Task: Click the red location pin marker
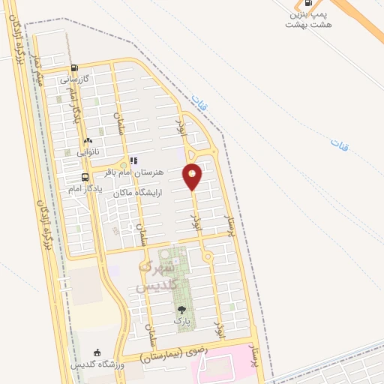[193, 176]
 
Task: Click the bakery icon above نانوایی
[88, 140]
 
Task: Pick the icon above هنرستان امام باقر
[133, 160]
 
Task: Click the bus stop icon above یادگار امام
[85, 178]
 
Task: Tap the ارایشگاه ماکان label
[138, 193]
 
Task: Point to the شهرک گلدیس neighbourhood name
[157, 277]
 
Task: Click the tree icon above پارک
[181, 309]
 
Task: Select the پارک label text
[181, 320]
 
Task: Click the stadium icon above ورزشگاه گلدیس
[96, 353]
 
